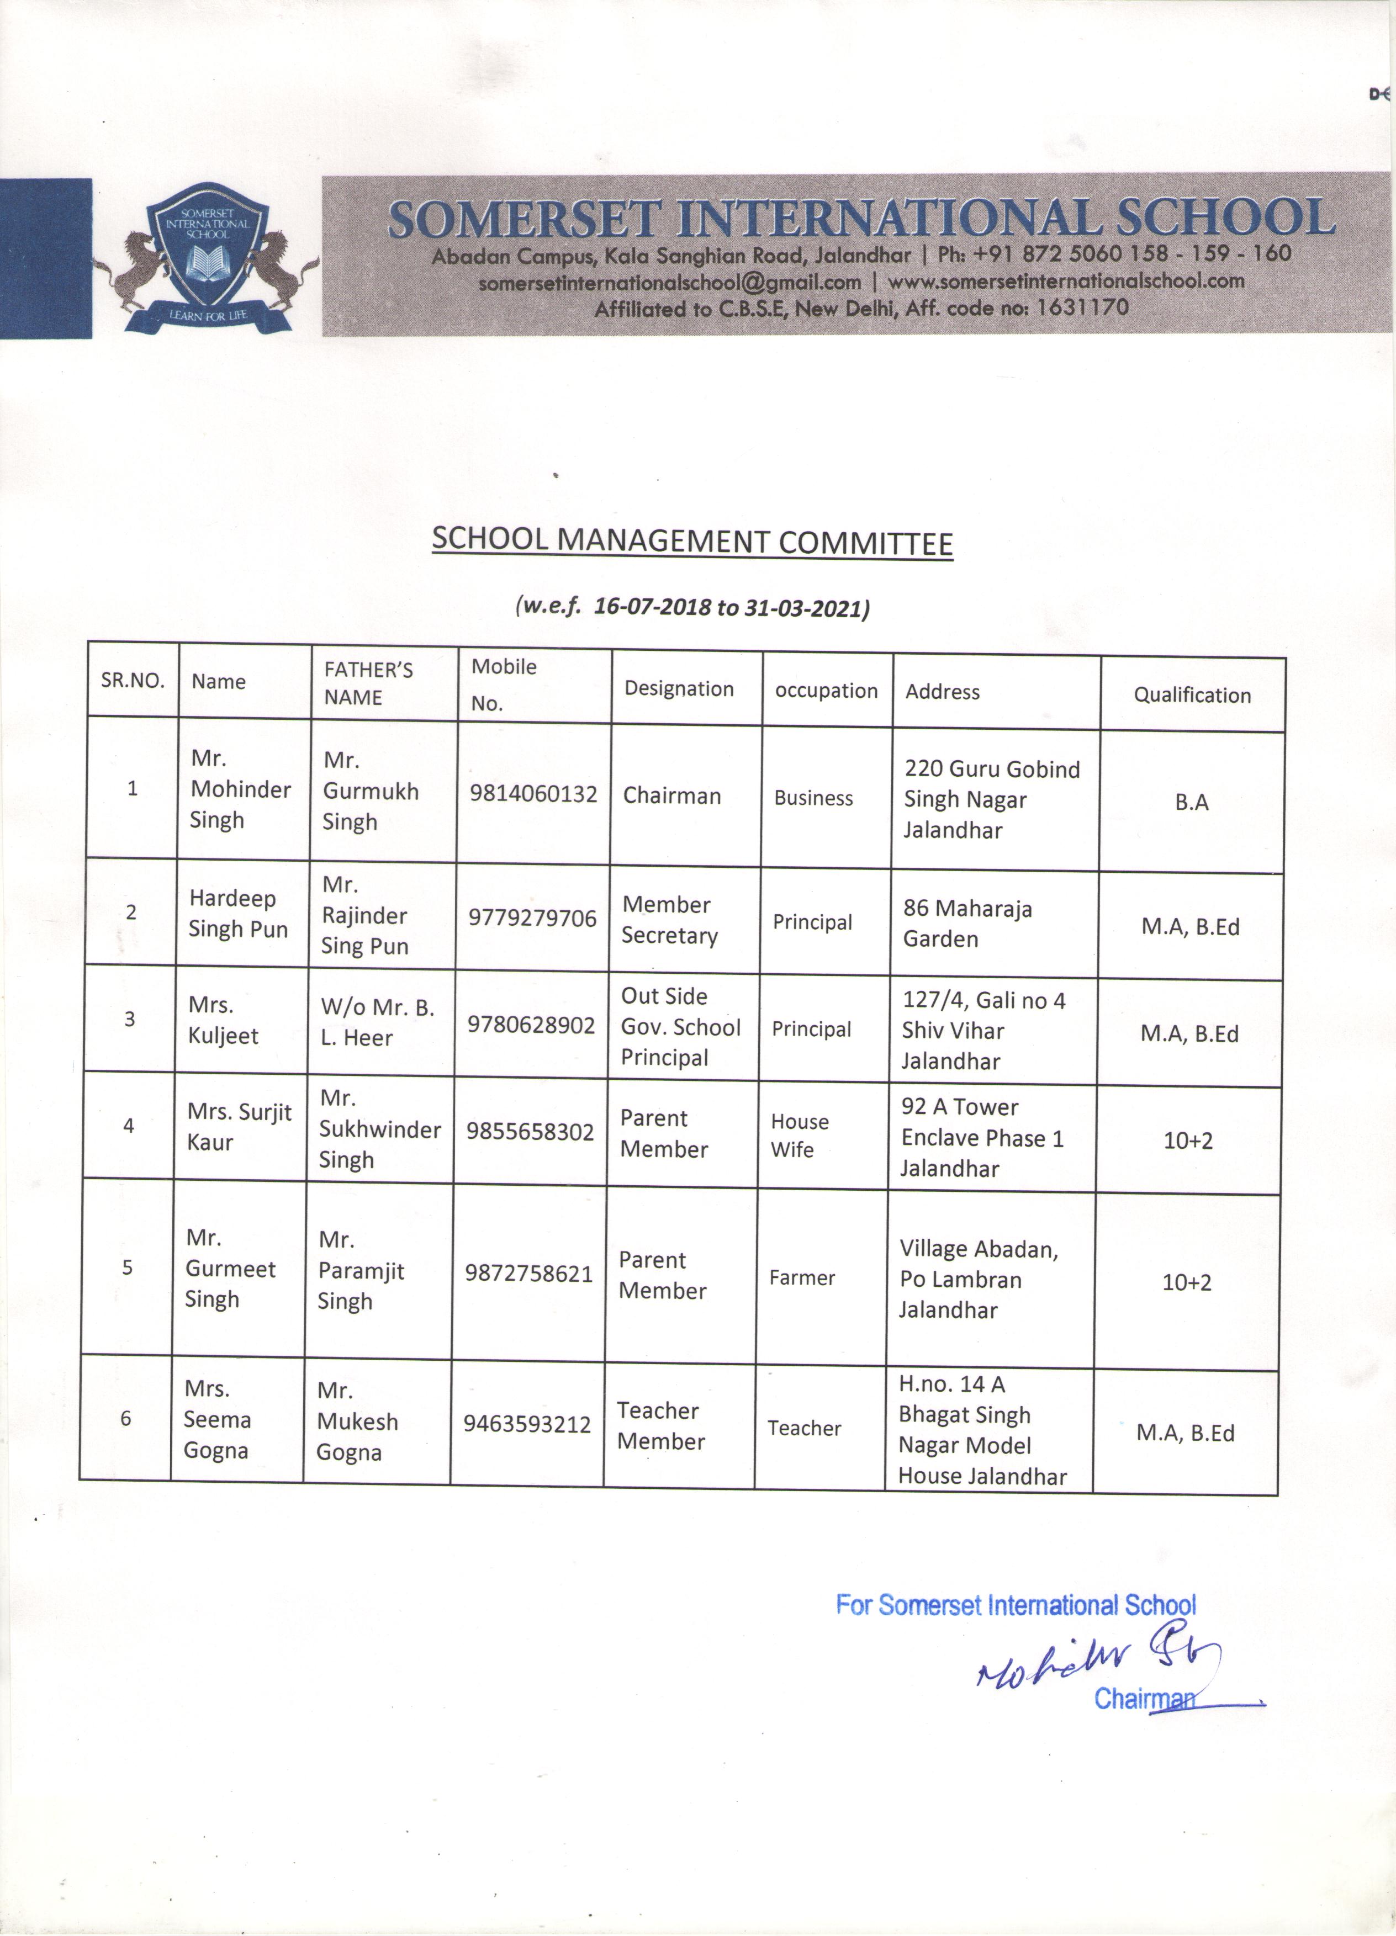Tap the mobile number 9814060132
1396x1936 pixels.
(x=533, y=794)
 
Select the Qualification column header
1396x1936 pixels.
(x=1192, y=695)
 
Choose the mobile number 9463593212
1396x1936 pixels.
(x=527, y=1424)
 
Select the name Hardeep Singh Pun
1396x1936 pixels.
(x=238, y=914)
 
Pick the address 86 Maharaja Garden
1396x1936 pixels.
(x=967, y=924)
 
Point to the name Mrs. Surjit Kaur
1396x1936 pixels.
(x=239, y=1127)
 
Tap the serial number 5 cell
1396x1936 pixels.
(x=127, y=1267)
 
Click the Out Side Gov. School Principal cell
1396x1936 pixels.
(x=680, y=1027)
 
